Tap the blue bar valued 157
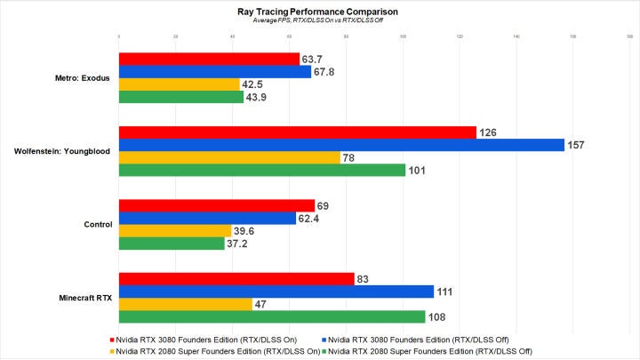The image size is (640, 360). [341, 145]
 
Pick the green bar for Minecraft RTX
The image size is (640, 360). [271, 316]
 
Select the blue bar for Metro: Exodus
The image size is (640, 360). [214, 72]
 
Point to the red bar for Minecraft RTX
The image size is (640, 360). [236, 279]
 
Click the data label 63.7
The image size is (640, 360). [312, 60]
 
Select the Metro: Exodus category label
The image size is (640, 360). [81, 78]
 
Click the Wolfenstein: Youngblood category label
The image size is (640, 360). [62, 151]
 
